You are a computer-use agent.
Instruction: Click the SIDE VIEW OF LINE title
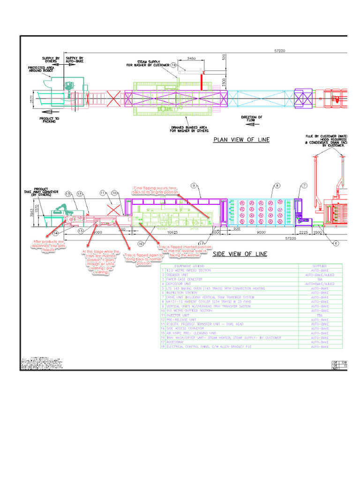240,254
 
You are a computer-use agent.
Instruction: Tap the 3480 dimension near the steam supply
191,59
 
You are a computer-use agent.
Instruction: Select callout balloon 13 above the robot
68,193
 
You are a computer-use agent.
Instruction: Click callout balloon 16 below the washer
140,244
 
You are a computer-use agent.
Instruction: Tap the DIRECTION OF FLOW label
252,119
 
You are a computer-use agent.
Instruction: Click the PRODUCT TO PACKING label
49,120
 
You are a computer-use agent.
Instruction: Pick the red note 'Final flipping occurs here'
156,190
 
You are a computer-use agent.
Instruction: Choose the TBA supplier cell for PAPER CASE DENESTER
320,279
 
